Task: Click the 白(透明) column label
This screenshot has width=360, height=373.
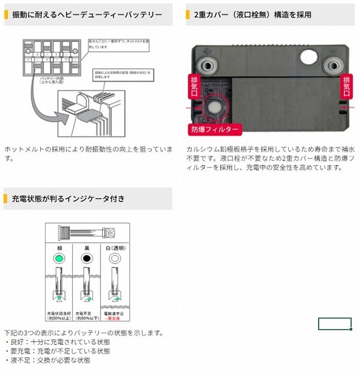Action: click(x=115, y=247)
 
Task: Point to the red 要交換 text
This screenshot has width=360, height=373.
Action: click(x=115, y=318)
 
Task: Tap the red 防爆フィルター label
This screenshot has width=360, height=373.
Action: click(x=215, y=129)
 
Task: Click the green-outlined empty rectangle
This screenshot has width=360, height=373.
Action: click(x=334, y=324)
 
